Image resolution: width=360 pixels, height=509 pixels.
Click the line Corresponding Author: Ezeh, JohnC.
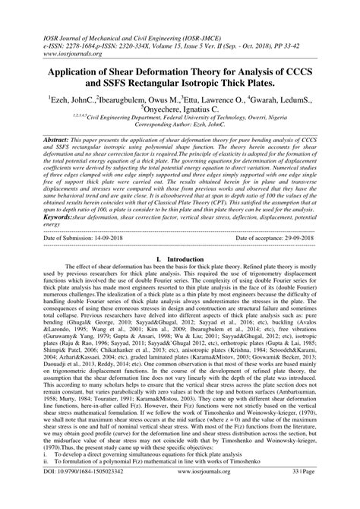click(180, 132)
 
